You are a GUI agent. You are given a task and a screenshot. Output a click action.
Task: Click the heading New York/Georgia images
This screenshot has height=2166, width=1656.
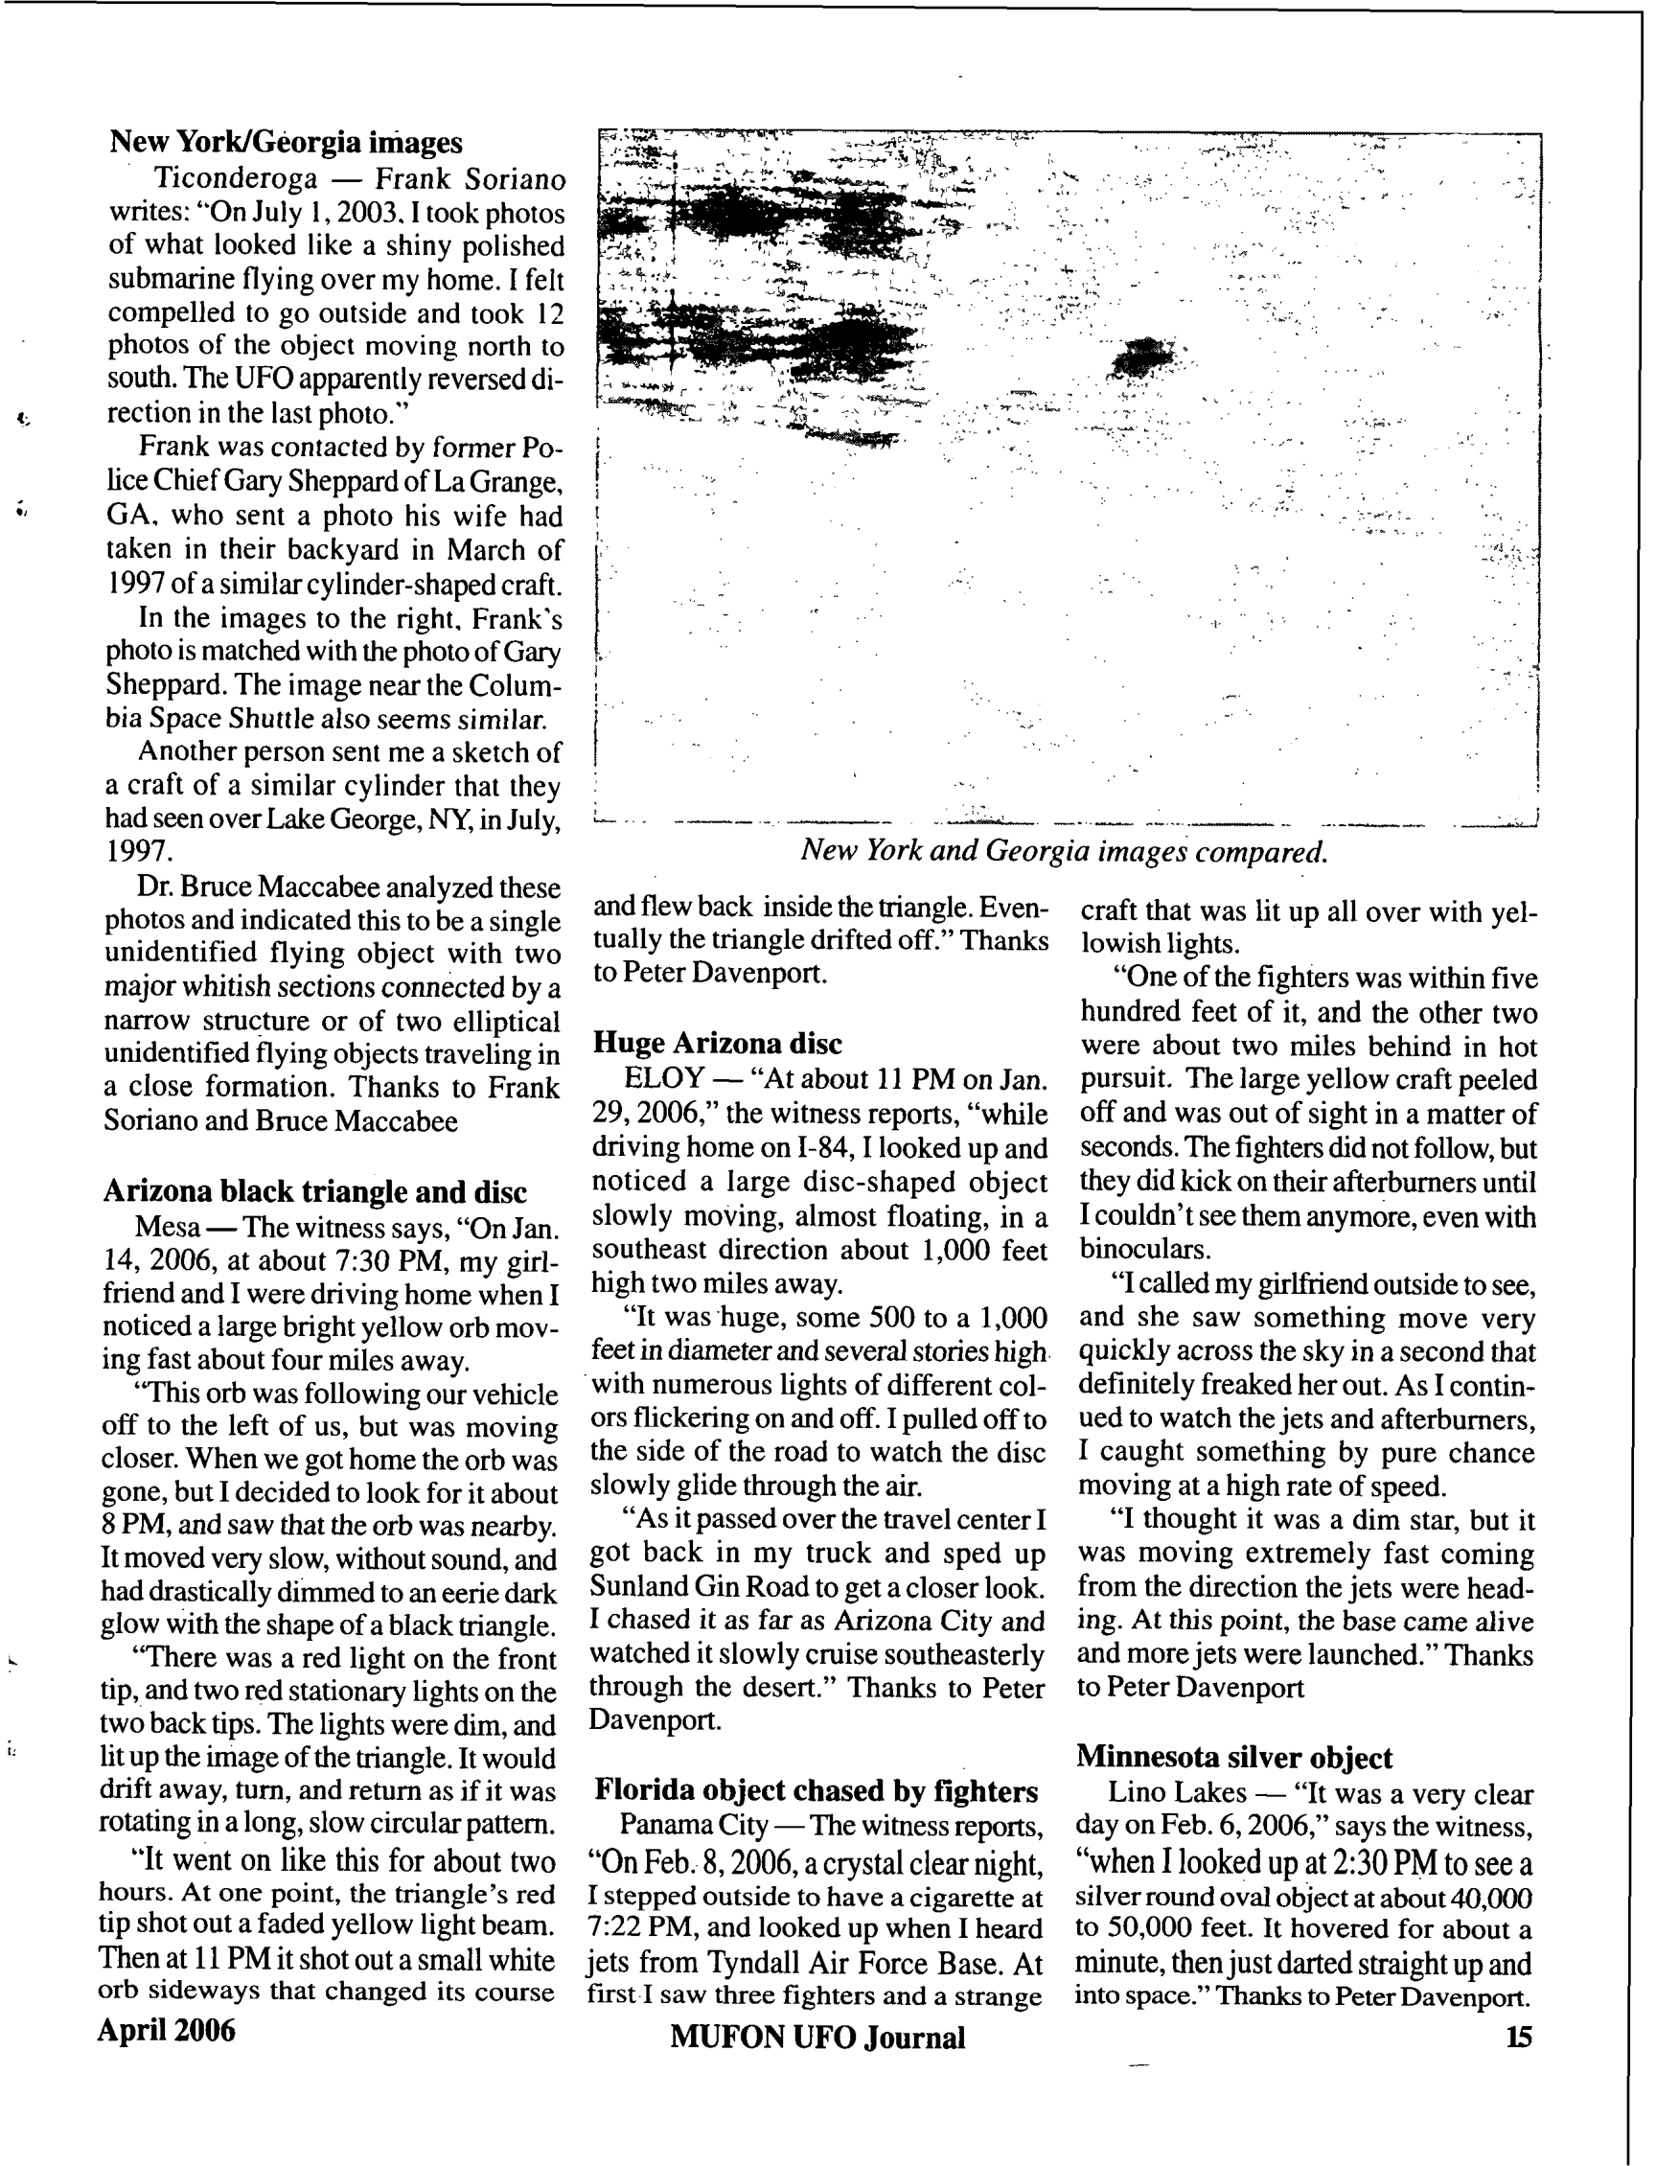point(285,142)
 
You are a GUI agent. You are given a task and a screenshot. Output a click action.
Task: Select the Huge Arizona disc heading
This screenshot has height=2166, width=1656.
point(717,1042)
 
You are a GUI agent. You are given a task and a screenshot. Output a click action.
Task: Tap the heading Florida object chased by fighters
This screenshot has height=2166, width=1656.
point(816,1789)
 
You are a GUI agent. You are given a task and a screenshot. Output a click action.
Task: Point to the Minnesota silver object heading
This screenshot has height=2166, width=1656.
point(1233,1756)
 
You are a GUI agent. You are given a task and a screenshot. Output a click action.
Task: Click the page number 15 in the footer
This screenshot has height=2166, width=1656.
point(1518,2036)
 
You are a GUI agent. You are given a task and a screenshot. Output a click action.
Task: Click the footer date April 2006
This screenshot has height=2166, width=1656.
point(166,2030)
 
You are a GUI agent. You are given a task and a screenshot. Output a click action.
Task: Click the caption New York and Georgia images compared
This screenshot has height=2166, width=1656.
point(1064,850)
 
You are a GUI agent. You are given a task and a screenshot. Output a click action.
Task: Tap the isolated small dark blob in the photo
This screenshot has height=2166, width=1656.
point(1143,357)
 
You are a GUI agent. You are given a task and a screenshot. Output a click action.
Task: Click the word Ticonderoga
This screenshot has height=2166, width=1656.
point(236,179)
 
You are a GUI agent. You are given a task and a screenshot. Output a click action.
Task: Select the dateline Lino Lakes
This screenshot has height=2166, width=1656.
point(1176,1791)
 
